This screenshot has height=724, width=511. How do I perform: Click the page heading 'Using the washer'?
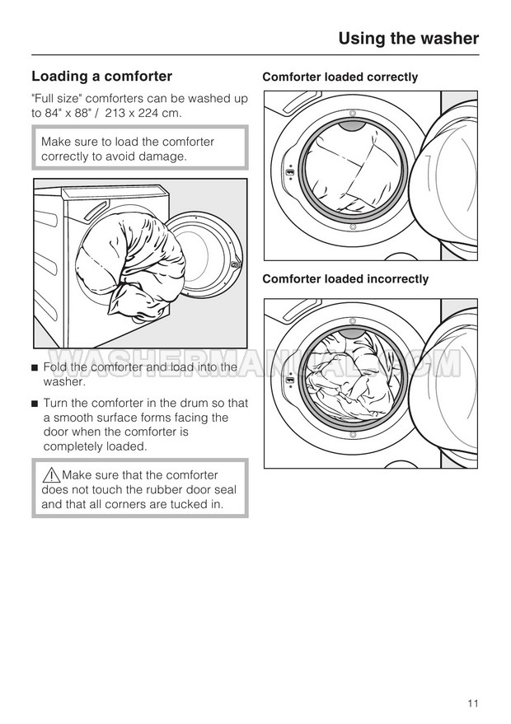(x=408, y=38)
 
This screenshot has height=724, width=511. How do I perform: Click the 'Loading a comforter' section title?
(x=101, y=77)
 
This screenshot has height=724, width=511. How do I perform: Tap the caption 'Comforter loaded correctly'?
(x=340, y=77)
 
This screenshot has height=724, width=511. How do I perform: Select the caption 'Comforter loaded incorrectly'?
(x=345, y=279)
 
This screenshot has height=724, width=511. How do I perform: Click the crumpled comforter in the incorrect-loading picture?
(x=350, y=375)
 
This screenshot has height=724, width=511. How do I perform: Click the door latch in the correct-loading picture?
(x=289, y=174)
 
